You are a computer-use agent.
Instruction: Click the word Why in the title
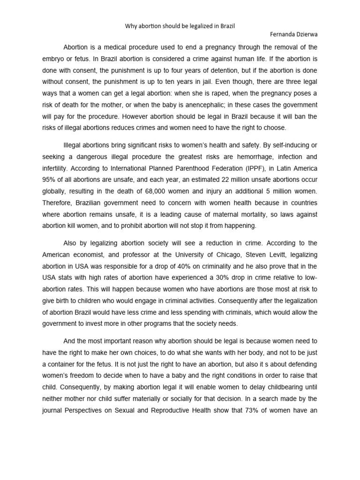[x=130, y=27]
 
